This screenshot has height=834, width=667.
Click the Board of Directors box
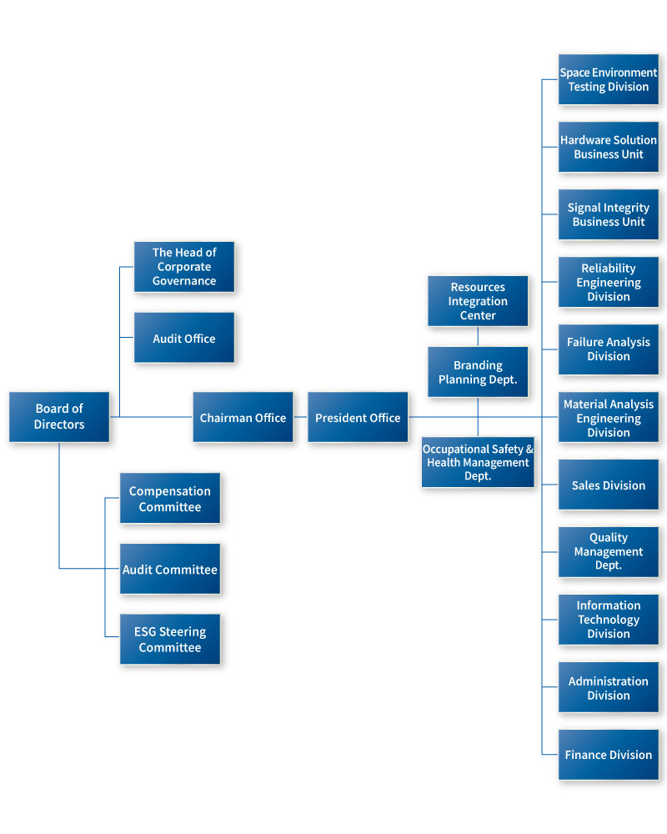click(x=59, y=417)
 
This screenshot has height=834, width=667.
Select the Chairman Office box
click(x=243, y=417)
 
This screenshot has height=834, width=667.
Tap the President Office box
click(x=358, y=417)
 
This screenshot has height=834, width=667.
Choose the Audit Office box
click(x=184, y=338)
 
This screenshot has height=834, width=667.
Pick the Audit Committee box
click(x=170, y=569)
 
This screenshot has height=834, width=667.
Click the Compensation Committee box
click(x=170, y=498)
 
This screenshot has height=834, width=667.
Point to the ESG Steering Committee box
click(x=170, y=640)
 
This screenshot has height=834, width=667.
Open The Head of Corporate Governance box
click(x=184, y=267)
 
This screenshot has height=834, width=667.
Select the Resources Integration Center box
click(x=478, y=301)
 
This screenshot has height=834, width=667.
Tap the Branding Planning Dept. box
click(x=478, y=372)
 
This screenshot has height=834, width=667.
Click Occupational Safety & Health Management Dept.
click(x=478, y=462)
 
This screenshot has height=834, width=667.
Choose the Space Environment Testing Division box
click(x=609, y=79)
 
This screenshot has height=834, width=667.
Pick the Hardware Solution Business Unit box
click(x=609, y=147)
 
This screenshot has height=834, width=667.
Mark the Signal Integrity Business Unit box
click(x=609, y=214)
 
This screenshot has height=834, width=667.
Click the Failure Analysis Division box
click(x=609, y=349)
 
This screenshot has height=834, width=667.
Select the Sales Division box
click(x=609, y=485)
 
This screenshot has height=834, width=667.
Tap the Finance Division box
click(x=609, y=755)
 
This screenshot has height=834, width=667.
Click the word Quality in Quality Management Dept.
click(x=609, y=538)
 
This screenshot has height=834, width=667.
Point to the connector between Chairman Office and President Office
click(x=300, y=417)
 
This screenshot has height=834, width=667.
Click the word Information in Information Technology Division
click(x=609, y=605)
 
